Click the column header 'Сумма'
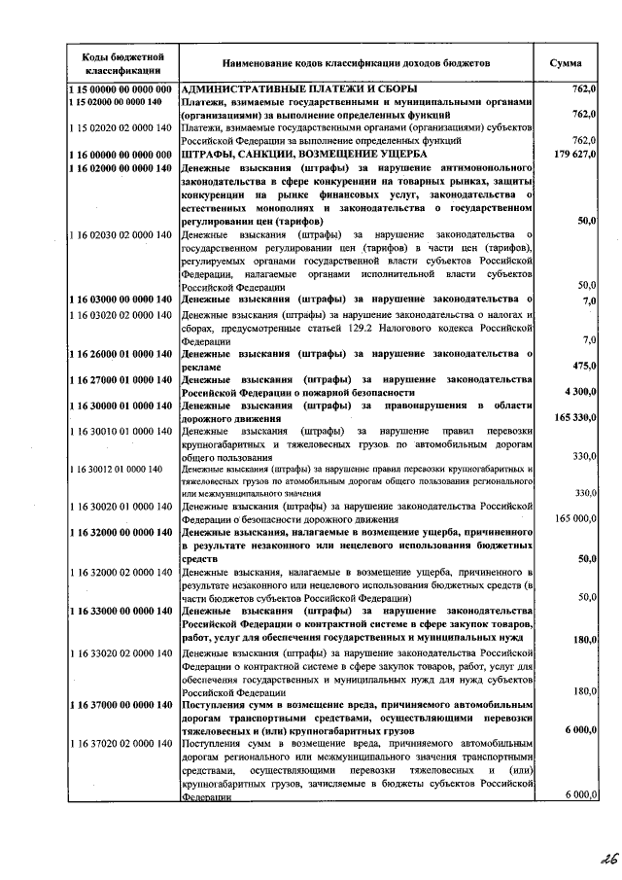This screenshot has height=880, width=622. tap(566, 63)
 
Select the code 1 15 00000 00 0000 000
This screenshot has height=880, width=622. tap(120, 89)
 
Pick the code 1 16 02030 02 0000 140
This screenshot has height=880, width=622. tap(120, 234)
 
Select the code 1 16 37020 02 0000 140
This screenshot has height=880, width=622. tap(120, 743)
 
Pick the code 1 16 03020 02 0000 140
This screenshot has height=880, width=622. tap(120, 315)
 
